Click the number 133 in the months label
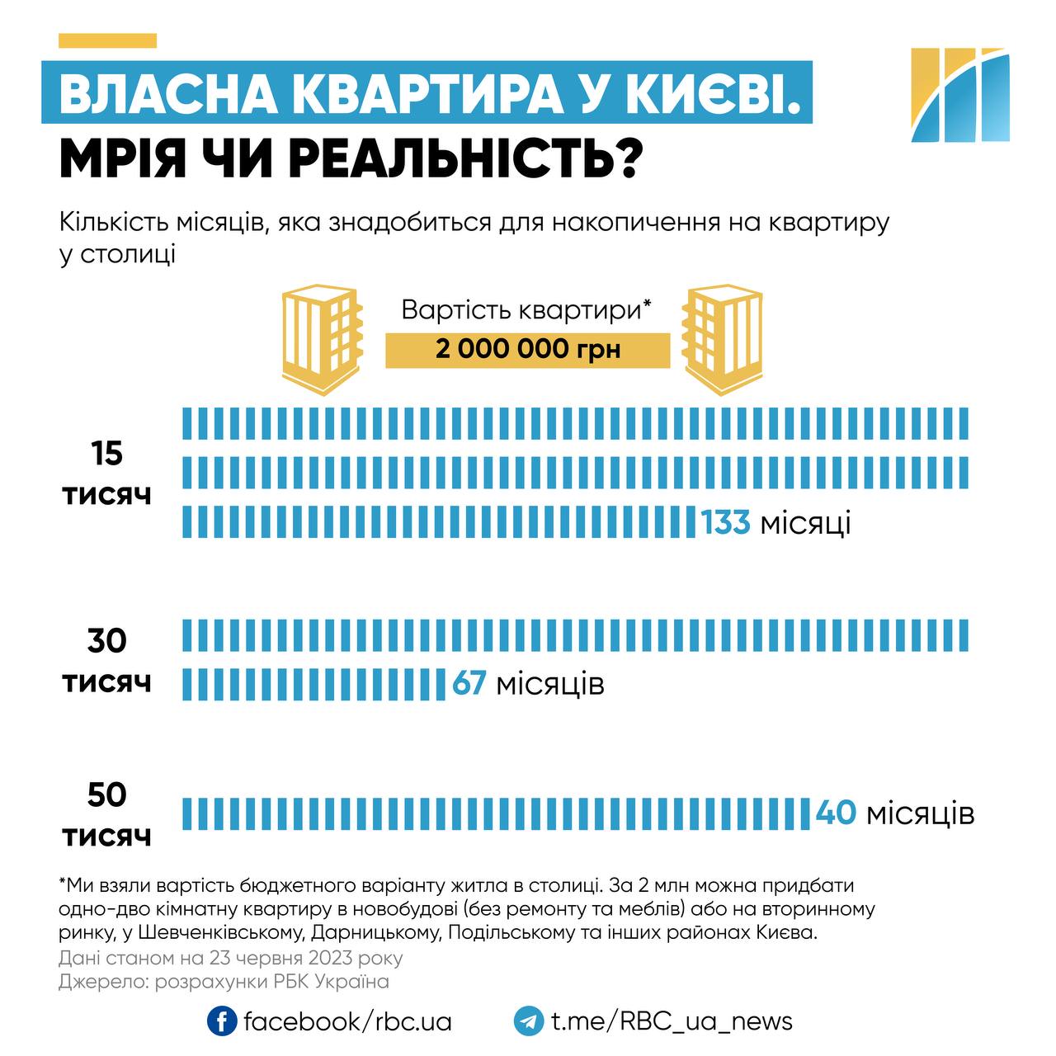[x=726, y=523]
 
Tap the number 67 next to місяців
[x=469, y=684]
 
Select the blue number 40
[x=836, y=813]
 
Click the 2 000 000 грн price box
[x=528, y=350]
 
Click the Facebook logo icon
[x=222, y=1021]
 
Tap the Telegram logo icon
[x=529, y=1021]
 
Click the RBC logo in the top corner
[x=960, y=95]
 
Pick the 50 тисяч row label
[x=107, y=815]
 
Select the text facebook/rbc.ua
[x=347, y=1021]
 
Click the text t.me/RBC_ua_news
[x=672, y=1021]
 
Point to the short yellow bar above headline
[x=107, y=40]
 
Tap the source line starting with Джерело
[x=224, y=982]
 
